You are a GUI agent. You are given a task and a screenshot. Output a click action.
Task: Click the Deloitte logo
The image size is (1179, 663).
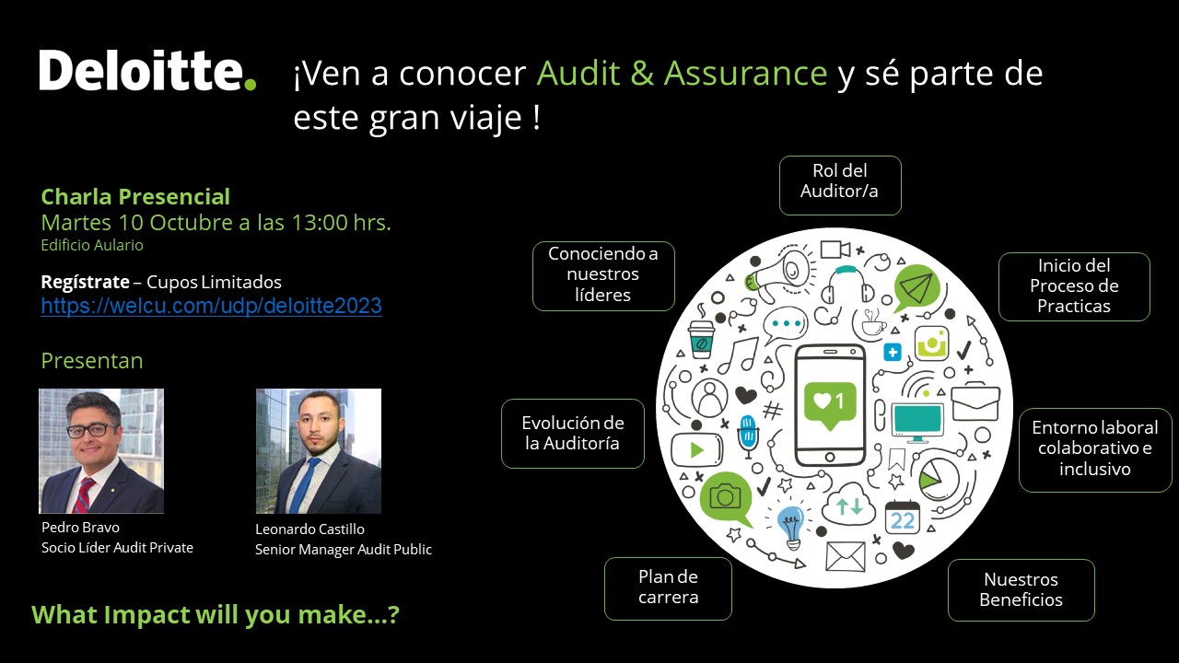click(147, 71)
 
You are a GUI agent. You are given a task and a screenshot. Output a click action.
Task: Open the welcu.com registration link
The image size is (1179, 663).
click(212, 306)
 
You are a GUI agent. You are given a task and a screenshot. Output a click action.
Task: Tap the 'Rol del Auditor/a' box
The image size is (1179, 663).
click(840, 185)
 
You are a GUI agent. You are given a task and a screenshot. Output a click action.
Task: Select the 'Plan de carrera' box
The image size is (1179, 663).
click(668, 588)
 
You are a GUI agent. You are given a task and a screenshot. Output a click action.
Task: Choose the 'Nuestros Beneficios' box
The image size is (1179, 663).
click(1021, 590)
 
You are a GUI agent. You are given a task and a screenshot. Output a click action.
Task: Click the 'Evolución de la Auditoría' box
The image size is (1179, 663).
click(573, 434)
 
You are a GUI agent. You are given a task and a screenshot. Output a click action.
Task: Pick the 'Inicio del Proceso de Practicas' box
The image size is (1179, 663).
click(1074, 286)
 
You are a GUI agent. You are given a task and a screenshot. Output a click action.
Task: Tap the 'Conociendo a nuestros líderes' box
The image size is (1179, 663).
click(603, 275)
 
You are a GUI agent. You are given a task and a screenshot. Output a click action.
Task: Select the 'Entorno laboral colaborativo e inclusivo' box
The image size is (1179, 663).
click(1095, 450)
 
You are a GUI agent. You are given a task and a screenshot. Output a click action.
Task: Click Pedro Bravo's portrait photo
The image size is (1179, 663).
click(101, 451)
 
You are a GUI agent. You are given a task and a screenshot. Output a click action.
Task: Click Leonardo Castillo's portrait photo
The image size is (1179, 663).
click(319, 451)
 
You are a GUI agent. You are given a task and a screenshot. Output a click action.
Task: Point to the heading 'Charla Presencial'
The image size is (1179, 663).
click(135, 197)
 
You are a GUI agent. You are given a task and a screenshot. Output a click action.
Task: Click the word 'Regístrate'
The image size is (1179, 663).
click(86, 282)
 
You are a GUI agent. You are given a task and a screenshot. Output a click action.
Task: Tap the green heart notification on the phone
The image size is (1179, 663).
click(830, 404)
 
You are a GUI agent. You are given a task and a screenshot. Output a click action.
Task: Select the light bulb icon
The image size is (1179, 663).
click(790, 526)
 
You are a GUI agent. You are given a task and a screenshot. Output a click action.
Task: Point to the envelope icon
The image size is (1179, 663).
click(846, 556)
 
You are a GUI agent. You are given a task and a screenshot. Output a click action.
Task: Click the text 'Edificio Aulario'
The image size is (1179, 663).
click(92, 245)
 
